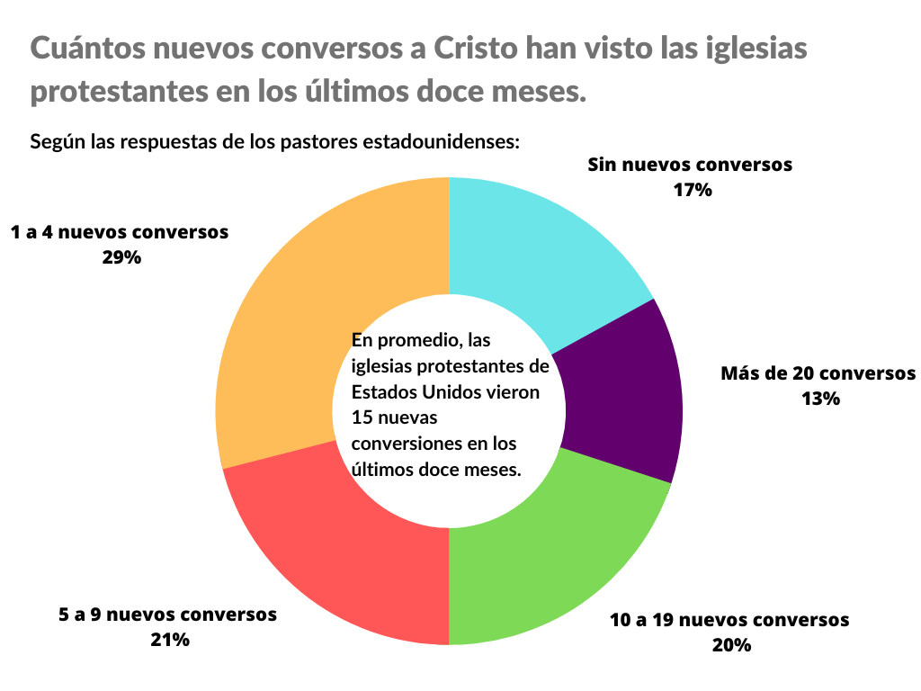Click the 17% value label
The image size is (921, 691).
point(692,190)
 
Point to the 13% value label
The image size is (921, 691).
point(819,398)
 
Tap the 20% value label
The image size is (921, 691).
point(730,644)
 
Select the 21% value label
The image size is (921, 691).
point(168,640)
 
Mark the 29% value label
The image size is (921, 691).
point(121,256)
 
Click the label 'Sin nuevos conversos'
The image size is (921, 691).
point(690,165)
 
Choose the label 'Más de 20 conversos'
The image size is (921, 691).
point(818,372)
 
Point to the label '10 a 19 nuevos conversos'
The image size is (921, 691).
point(729,620)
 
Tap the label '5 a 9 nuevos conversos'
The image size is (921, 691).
point(168,615)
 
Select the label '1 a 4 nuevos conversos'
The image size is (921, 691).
point(120,232)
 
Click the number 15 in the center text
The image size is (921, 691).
point(362,418)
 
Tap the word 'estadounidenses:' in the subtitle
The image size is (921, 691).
point(443,141)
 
